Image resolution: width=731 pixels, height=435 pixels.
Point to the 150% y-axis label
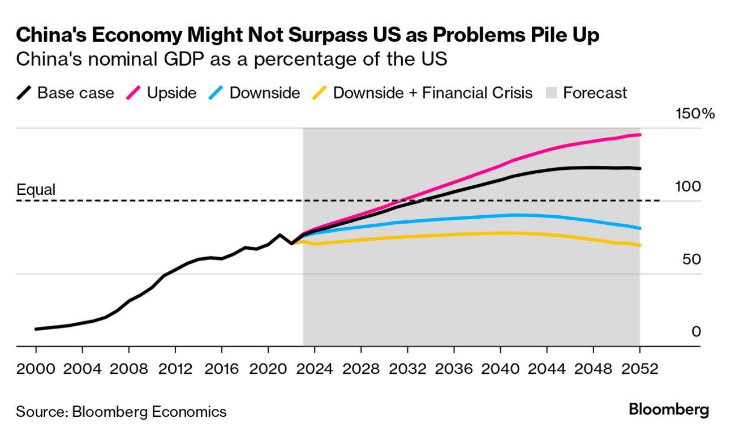pos(695,114)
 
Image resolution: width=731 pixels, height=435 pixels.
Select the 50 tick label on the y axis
pos(691,259)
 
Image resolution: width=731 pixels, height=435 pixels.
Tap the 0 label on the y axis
pos(696,331)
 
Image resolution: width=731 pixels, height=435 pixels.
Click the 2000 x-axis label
pos(36,369)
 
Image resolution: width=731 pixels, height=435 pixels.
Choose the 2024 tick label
pos(315,369)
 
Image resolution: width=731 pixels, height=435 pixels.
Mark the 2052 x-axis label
pos(639,369)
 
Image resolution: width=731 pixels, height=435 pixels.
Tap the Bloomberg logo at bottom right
pos(669,410)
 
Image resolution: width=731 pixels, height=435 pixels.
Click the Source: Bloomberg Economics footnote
pos(121,411)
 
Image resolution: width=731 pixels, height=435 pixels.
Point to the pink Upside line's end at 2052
pos(640,135)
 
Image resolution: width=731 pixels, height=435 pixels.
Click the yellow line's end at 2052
pos(640,245)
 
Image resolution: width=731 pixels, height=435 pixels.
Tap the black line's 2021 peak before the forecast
pos(279,234)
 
